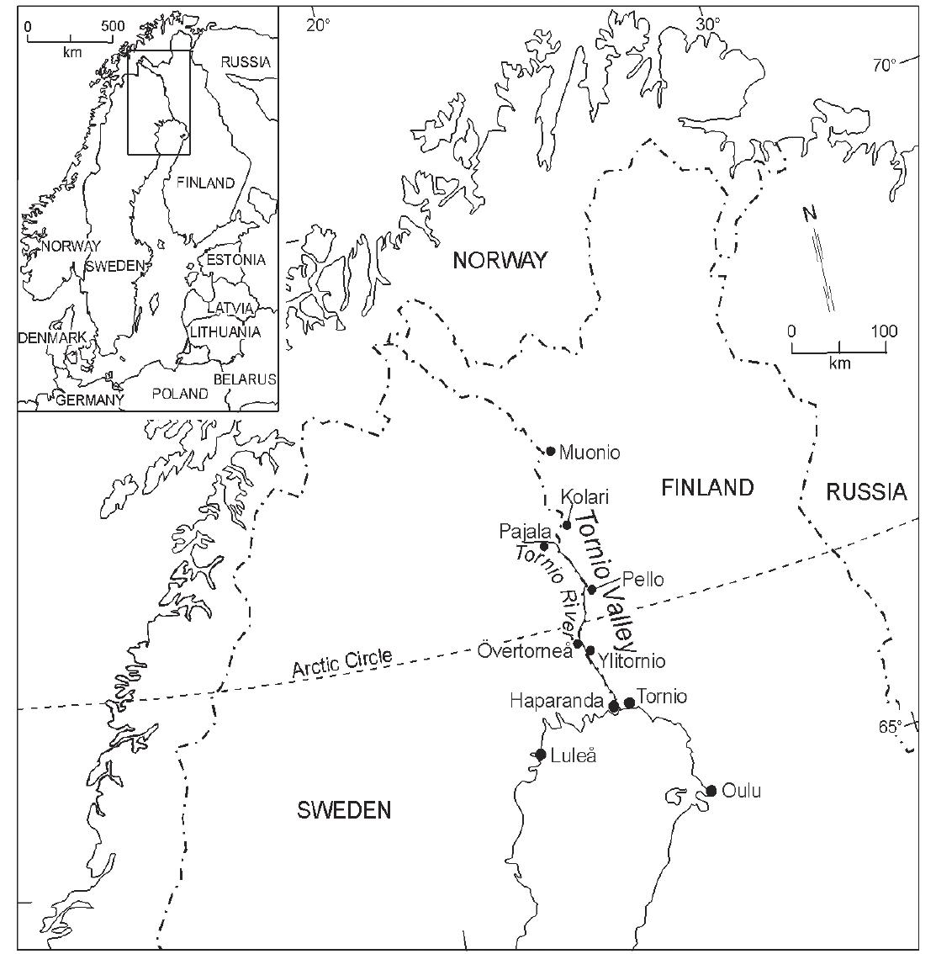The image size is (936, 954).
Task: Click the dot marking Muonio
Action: tap(551, 451)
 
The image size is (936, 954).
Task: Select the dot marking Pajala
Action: tap(544, 547)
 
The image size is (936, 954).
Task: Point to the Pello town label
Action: tap(643, 580)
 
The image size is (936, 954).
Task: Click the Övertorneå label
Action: tap(525, 650)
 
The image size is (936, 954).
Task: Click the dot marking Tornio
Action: tap(629, 702)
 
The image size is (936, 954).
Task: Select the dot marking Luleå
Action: tap(541, 754)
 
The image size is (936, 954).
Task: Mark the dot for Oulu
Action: tap(711, 790)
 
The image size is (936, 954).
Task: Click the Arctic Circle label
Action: tap(342, 663)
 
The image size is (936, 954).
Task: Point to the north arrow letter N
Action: tap(809, 214)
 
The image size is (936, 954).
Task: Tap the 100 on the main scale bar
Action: tap(883, 331)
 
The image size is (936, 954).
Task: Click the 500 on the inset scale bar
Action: tap(113, 26)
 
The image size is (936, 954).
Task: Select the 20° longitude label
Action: tap(318, 24)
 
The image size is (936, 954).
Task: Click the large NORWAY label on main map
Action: tap(500, 260)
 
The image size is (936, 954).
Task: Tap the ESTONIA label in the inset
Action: tap(235, 259)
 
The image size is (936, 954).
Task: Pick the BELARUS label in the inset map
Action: tap(244, 379)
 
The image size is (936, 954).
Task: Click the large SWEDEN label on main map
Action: tap(344, 810)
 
